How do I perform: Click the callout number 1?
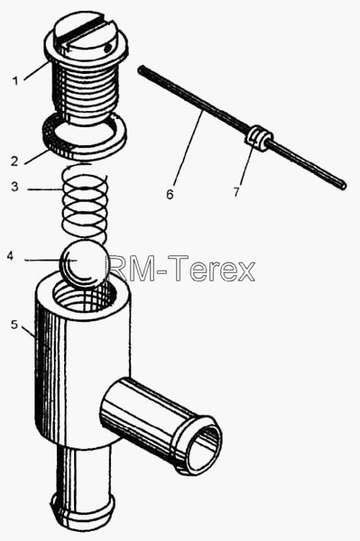[14, 81]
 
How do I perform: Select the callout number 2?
[14, 161]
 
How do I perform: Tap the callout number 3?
[14, 187]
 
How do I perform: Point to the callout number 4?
[10, 256]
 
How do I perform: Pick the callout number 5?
[14, 325]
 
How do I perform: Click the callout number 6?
[170, 194]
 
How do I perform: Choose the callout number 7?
[236, 192]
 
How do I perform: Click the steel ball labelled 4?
[84, 264]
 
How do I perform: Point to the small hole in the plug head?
[107, 47]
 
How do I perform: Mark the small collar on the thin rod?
[259, 138]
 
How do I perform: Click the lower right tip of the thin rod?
[344, 186]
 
